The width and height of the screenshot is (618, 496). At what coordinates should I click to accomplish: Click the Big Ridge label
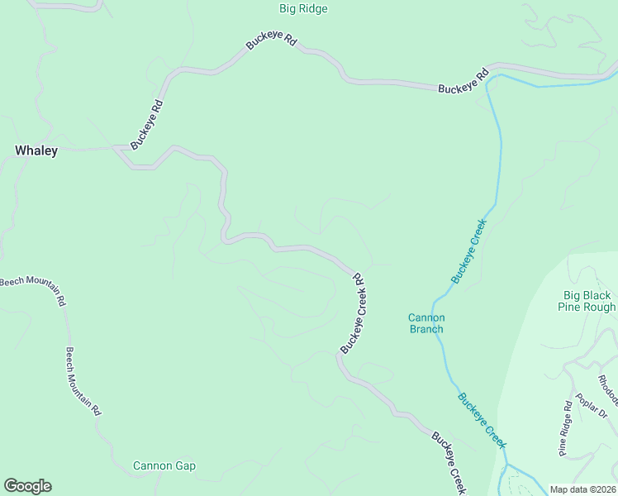click(303, 9)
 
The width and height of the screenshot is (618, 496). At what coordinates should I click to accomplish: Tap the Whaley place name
click(36, 150)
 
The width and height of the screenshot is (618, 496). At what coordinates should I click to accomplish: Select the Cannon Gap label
click(164, 465)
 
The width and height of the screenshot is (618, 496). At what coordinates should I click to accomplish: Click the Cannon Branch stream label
click(426, 323)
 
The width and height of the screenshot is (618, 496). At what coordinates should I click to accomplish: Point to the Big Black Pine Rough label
click(589, 301)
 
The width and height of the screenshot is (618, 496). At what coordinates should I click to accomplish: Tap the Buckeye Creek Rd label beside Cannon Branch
click(354, 313)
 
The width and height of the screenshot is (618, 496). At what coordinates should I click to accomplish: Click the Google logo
click(27, 486)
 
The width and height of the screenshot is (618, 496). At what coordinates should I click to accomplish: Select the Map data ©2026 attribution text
click(582, 489)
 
